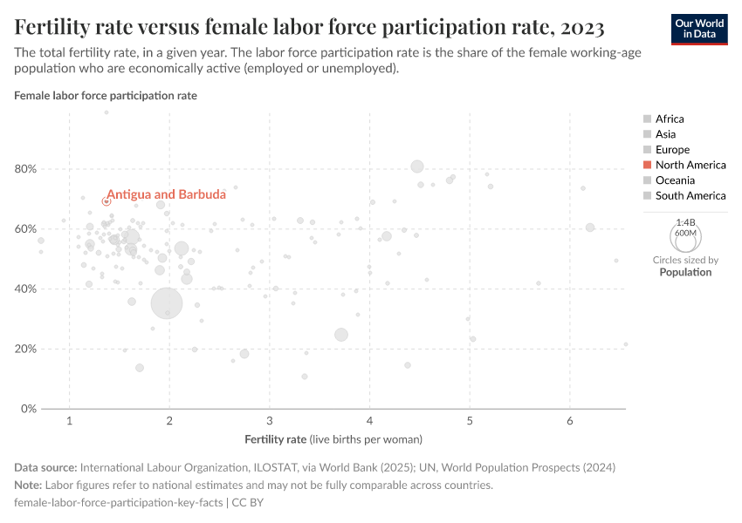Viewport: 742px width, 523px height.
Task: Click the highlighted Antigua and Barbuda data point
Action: click(x=106, y=201)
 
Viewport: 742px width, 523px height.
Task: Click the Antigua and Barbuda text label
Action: click(x=154, y=194)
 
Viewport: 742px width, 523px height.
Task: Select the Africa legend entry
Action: click(x=670, y=119)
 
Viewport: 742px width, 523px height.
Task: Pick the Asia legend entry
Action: click(x=665, y=134)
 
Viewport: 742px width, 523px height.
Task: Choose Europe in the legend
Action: click(x=672, y=150)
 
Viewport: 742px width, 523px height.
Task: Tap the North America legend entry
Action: click(x=690, y=165)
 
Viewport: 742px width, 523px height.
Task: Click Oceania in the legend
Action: click(x=675, y=180)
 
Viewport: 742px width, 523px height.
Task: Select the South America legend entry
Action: click(x=690, y=196)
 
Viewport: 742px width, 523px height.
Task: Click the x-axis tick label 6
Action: click(x=570, y=423)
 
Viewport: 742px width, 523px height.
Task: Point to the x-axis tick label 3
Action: click(x=270, y=423)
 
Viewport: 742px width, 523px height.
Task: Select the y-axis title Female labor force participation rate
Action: click(x=106, y=95)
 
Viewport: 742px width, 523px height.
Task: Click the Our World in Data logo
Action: click(x=699, y=29)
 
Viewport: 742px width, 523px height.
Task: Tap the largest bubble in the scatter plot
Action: click(x=167, y=303)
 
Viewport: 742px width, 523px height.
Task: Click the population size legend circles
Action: click(x=685, y=235)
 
